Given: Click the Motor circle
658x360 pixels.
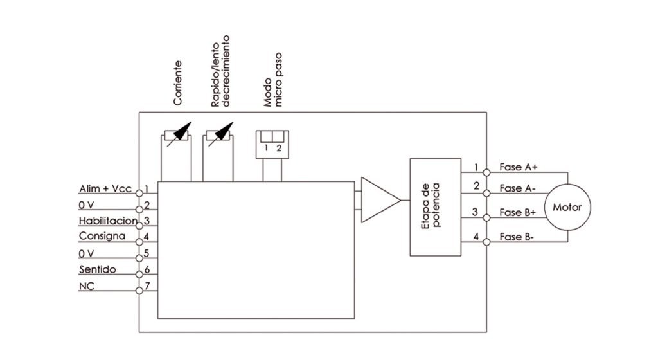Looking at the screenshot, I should pyautogui.click(x=567, y=207).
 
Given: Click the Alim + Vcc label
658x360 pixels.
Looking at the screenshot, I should pyautogui.click(x=105, y=189).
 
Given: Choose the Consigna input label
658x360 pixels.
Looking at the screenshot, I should pyautogui.click(x=102, y=237).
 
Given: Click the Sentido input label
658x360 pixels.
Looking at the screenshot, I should pyautogui.click(x=97, y=269).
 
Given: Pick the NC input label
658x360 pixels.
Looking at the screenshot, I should pyautogui.click(x=87, y=286).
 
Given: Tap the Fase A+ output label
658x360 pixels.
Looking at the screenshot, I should pyautogui.click(x=519, y=167).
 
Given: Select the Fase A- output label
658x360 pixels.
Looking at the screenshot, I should pyautogui.click(x=518, y=188).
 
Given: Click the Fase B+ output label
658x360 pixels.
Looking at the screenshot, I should pyautogui.click(x=519, y=212).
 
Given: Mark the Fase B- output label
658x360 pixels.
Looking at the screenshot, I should pyautogui.click(x=518, y=237).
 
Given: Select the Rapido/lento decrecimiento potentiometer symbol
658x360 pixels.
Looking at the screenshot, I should pyautogui.click(x=218, y=136).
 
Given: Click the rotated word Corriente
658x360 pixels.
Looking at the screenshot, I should pyautogui.click(x=177, y=84).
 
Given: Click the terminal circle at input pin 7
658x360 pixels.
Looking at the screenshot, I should pyautogui.click(x=139, y=291).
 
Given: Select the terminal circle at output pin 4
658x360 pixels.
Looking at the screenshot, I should pyautogui.click(x=486, y=242).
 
